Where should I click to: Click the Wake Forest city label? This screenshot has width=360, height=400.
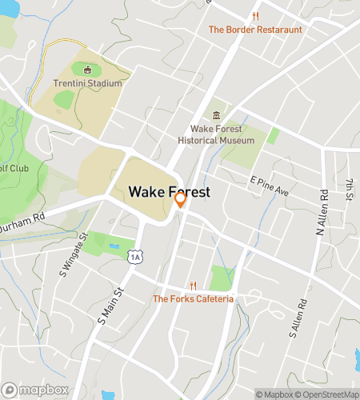[170, 192]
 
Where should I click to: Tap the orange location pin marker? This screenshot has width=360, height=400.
[181, 200]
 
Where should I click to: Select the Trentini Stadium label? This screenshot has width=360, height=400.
[88, 83]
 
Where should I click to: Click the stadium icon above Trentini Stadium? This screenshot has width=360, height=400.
[87, 70]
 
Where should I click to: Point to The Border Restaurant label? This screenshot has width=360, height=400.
[256, 30]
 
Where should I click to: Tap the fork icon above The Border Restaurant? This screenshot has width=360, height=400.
[256, 16]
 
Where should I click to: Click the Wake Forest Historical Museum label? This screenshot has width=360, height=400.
[222, 134]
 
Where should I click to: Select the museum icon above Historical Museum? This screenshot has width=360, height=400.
[216, 115]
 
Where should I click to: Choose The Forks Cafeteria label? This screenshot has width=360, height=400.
[193, 299]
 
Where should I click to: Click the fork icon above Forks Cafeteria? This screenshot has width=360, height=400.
[193, 286]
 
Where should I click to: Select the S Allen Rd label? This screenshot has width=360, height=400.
[298, 317]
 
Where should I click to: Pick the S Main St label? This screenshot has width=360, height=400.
[108, 306]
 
